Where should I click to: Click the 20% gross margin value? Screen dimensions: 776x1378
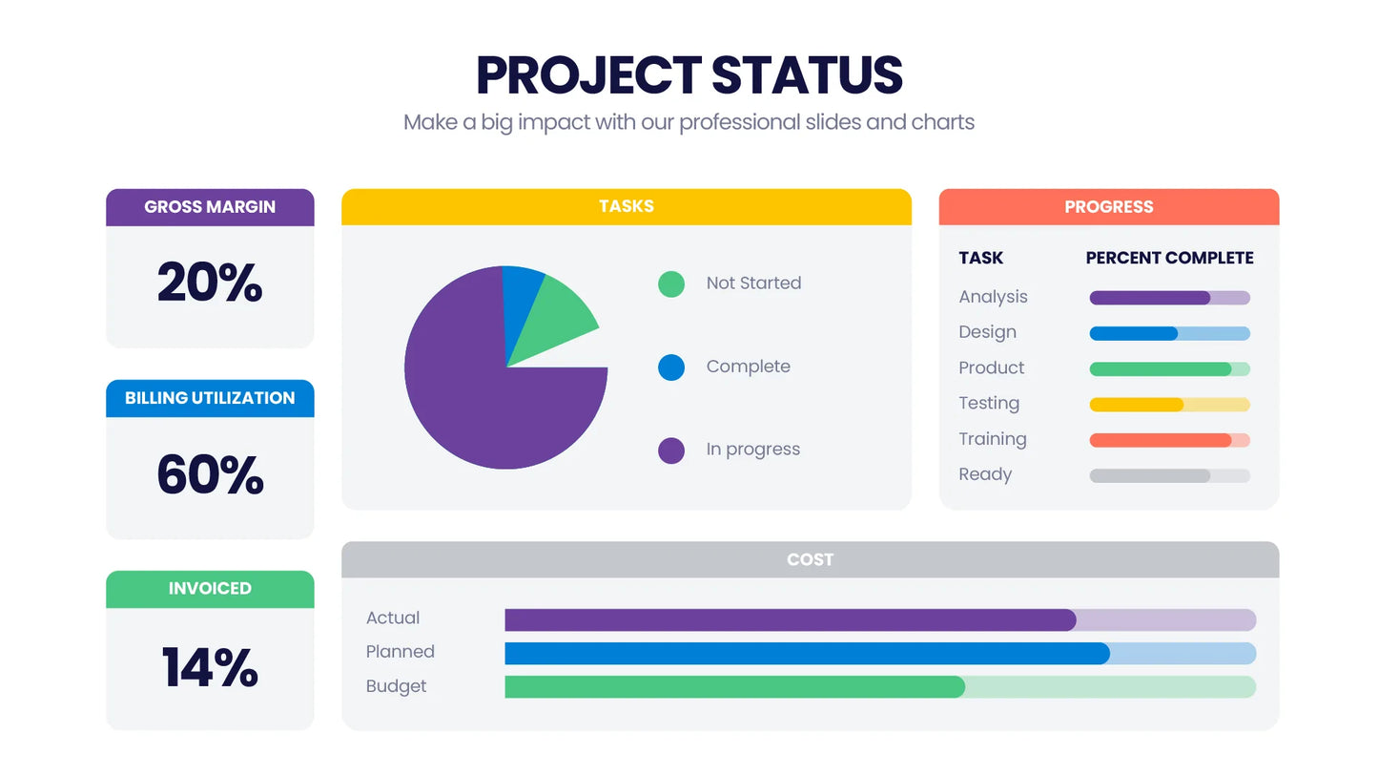[210, 283]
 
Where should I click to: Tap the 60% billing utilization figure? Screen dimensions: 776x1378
[210, 474]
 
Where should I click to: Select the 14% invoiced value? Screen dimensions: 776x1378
[210, 667]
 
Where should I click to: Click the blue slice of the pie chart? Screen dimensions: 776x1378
[521, 297]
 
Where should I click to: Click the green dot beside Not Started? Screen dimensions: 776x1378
[671, 283]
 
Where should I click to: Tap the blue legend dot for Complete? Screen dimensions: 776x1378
[671, 367]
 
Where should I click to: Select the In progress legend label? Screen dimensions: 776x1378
[752, 450]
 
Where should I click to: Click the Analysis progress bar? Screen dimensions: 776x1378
[1169, 298]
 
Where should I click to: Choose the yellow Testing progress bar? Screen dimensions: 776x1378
[1169, 405]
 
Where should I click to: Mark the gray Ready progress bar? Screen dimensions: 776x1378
[1169, 475]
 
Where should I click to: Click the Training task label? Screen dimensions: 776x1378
[992, 439]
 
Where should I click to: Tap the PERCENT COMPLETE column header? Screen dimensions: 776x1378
[1169, 258]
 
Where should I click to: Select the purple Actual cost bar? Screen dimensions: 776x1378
[790, 620]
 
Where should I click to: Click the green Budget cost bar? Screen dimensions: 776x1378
[734, 687]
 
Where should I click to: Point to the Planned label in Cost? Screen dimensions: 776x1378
[400, 652]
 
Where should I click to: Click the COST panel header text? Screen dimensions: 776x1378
[810, 559]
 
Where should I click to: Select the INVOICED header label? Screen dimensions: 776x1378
[210, 589]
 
